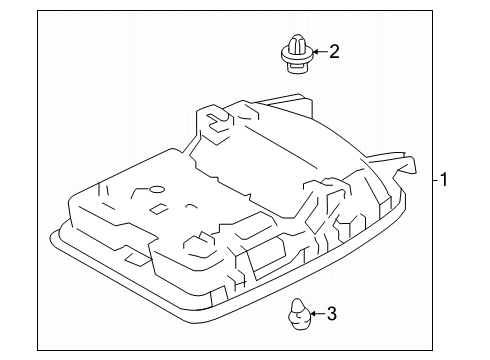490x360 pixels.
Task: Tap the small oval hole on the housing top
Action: point(155,190)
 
